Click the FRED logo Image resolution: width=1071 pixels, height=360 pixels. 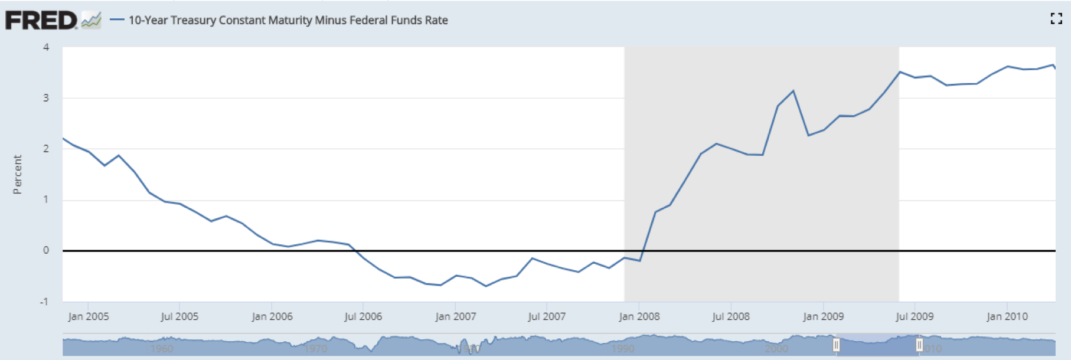pyautogui.click(x=41, y=20)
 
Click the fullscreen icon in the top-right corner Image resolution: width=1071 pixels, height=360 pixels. pyautogui.click(x=1056, y=19)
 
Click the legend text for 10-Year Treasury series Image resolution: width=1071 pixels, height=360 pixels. pyautogui.click(x=288, y=20)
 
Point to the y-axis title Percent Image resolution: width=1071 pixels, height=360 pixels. pyautogui.click(x=17, y=175)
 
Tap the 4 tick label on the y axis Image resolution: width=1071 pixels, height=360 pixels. pyautogui.click(x=46, y=47)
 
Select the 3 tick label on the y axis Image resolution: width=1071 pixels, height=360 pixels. pyautogui.click(x=46, y=98)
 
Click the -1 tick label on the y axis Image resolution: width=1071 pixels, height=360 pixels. pyautogui.click(x=44, y=302)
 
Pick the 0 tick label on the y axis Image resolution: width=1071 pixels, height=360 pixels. pyautogui.click(x=46, y=250)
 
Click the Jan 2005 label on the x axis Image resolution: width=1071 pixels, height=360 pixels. pyautogui.click(x=89, y=316)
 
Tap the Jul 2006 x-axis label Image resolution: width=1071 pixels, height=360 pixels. pyautogui.click(x=363, y=316)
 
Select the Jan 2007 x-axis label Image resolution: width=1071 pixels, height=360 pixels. pyautogui.click(x=455, y=316)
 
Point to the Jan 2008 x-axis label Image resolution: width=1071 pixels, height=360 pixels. pyautogui.click(x=639, y=316)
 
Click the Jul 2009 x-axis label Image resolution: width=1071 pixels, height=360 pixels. pyautogui.click(x=915, y=316)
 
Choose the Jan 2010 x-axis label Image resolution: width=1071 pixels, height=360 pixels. pyautogui.click(x=1007, y=316)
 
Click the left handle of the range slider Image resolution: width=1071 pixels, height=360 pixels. pyautogui.click(x=836, y=345)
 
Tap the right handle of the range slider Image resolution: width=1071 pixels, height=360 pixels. pyautogui.click(x=919, y=345)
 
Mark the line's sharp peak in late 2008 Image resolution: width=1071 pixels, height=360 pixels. pyautogui.click(x=793, y=91)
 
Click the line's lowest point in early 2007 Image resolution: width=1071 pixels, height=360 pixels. pyautogui.click(x=486, y=286)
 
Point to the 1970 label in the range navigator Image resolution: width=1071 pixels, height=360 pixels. pyautogui.click(x=316, y=349)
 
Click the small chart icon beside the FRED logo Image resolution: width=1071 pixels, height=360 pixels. pyautogui.click(x=91, y=21)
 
